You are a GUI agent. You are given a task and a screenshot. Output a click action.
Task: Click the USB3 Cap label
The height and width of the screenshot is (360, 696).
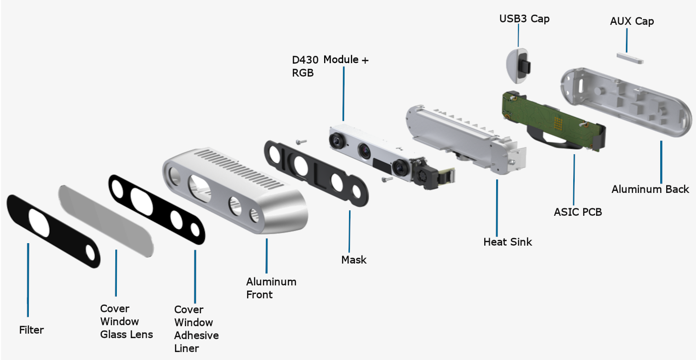coord(524,19)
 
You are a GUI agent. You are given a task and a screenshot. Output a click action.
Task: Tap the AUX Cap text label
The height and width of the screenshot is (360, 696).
coord(631,21)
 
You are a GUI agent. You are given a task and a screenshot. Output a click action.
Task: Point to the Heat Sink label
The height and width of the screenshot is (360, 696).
coord(507,242)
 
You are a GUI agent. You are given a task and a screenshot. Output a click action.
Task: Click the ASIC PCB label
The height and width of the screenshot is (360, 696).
coord(578,212)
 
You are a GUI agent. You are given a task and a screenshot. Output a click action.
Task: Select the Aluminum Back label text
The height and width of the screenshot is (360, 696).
coord(650,189)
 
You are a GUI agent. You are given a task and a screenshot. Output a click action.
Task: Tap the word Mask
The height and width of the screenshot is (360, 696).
coord(353,260)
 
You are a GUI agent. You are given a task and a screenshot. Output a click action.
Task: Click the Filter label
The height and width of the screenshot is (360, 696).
coord(31,330)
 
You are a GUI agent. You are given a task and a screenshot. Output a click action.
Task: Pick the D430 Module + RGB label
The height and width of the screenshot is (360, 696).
coord(330,66)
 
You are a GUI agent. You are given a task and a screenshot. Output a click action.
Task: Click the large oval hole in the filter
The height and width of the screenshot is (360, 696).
coord(39,222)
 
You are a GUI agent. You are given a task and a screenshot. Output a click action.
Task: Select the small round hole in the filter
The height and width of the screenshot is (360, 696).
coord(90,253)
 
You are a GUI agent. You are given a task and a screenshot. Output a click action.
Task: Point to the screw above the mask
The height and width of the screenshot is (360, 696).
coord(298,142)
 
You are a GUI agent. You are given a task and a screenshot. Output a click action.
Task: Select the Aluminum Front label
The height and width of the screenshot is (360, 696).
coord(271,288)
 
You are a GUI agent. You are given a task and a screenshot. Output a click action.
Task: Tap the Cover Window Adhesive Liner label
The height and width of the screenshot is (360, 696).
coord(196,329)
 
